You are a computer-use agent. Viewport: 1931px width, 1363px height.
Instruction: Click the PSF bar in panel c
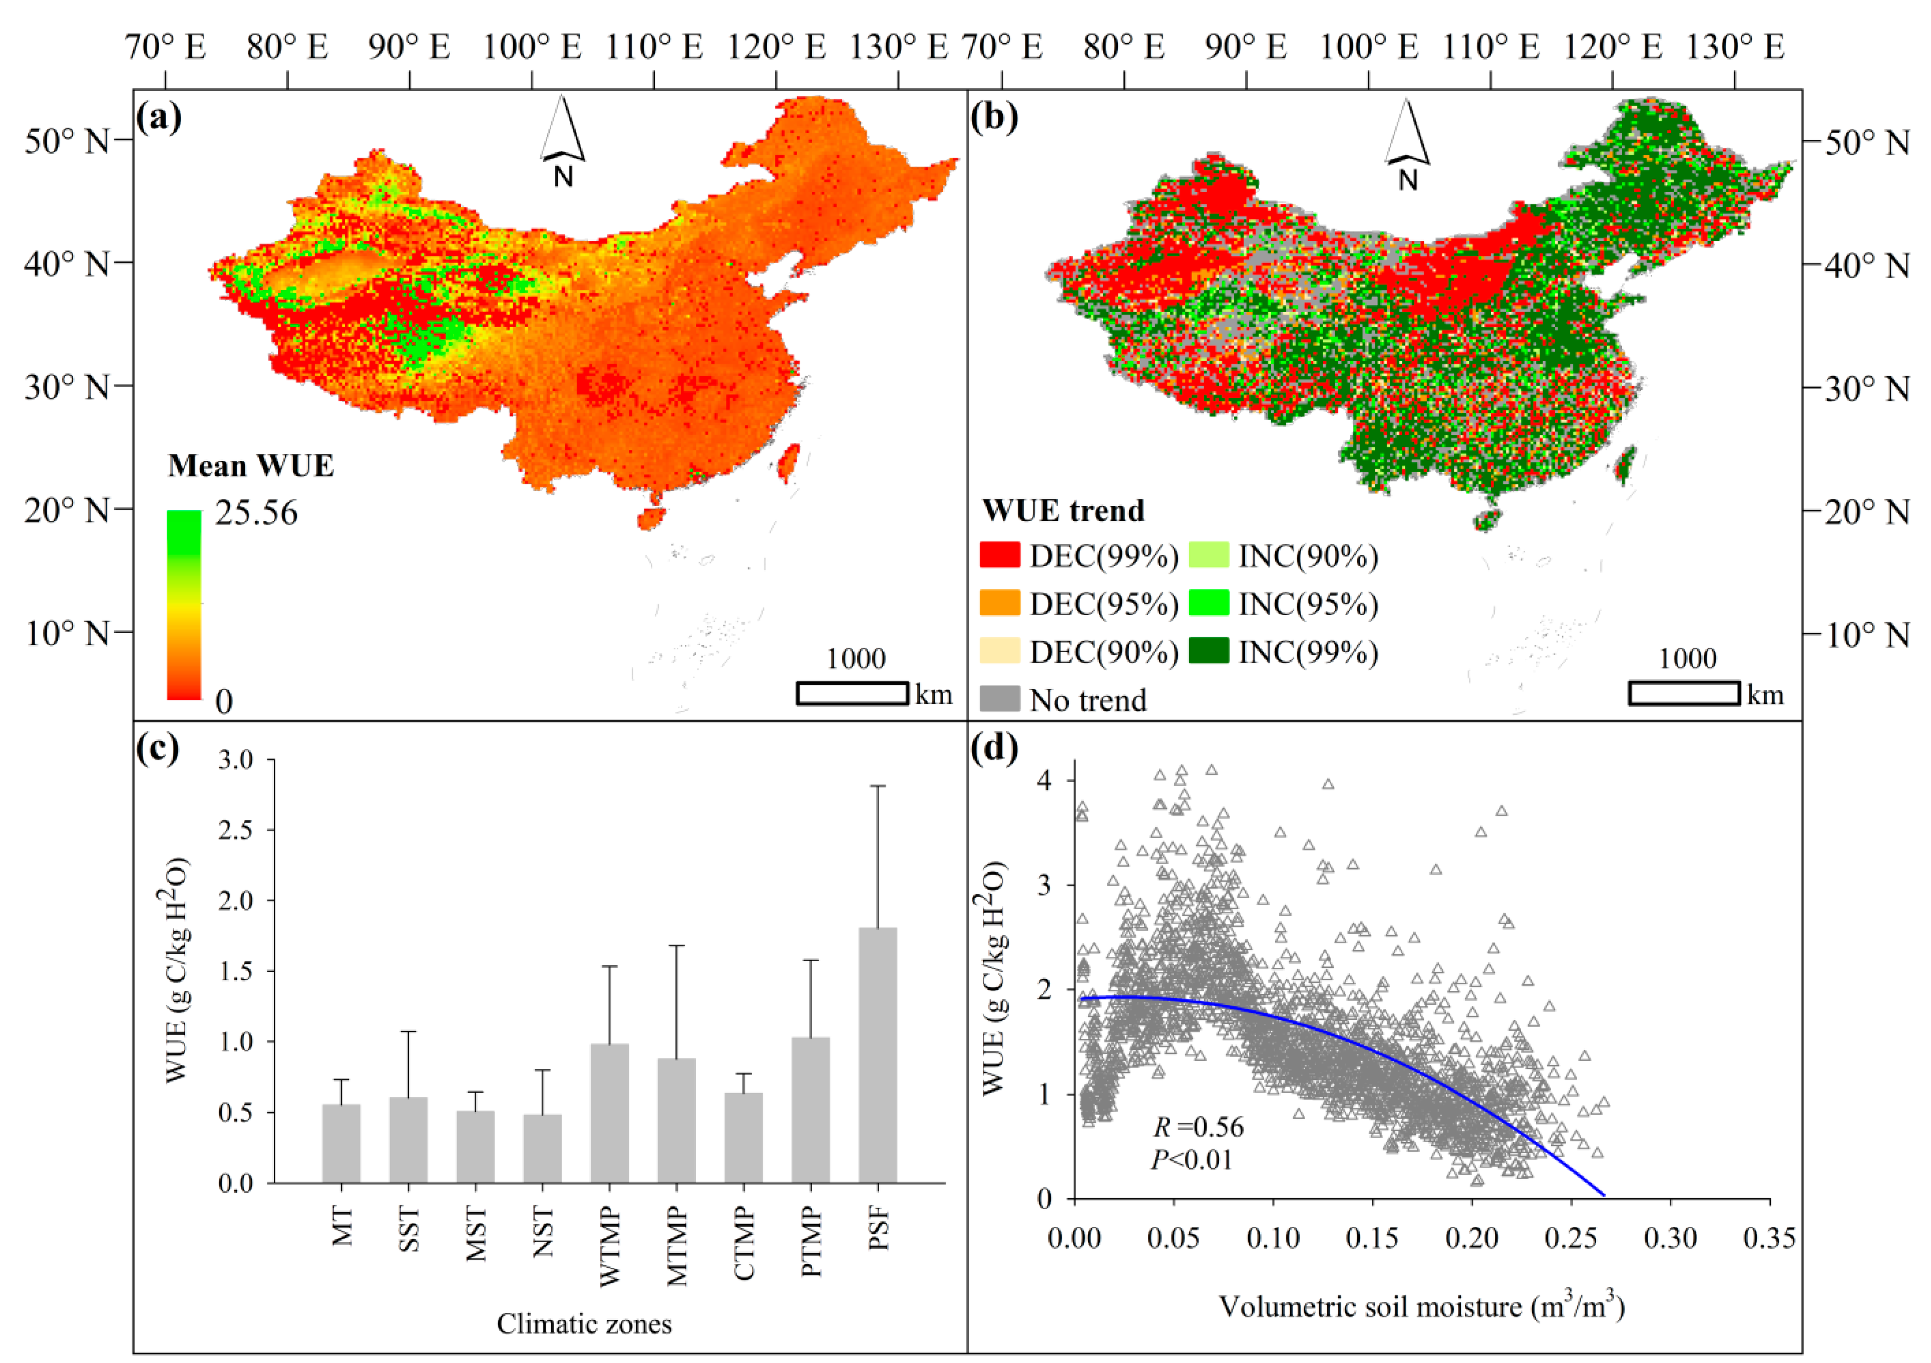click(877, 1056)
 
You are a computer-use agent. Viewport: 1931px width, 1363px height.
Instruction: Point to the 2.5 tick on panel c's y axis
click(235, 830)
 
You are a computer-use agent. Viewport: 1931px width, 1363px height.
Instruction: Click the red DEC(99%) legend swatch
click(1000, 556)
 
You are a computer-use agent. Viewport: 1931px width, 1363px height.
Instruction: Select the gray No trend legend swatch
click(1000, 699)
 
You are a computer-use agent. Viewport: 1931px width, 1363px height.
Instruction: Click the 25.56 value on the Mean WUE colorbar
click(256, 512)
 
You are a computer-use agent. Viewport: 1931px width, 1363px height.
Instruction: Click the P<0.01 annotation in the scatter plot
click(1192, 1160)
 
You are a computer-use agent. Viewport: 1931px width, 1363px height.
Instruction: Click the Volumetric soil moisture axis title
click(1421, 1306)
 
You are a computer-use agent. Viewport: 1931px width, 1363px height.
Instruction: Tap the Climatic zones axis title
click(584, 1323)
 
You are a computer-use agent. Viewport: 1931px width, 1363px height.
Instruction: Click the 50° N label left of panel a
click(67, 140)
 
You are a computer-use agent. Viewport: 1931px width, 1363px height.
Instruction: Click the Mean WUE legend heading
click(251, 465)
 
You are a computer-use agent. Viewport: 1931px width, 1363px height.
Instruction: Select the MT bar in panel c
click(341, 1144)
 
